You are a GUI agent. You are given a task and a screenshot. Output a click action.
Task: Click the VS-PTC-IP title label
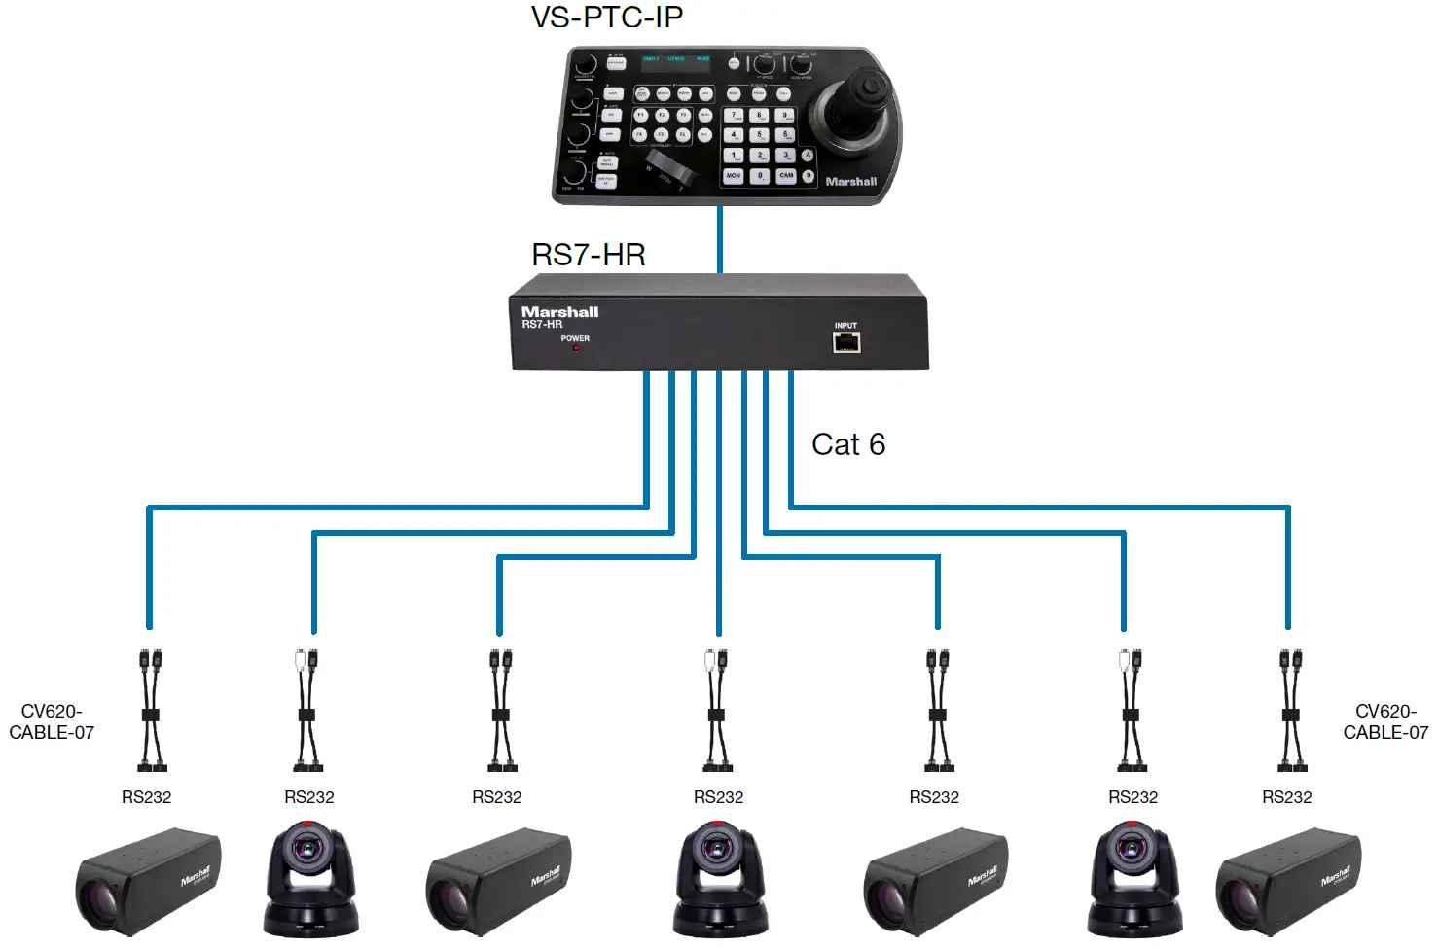point(607,18)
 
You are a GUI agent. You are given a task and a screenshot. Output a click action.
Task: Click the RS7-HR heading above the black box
point(589,255)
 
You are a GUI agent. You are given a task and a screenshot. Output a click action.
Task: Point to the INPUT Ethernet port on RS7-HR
point(846,341)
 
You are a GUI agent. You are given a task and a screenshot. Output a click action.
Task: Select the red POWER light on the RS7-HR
point(576,347)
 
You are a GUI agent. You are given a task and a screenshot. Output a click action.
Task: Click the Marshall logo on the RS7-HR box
point(560,312)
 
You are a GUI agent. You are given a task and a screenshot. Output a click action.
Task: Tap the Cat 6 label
point(848,444)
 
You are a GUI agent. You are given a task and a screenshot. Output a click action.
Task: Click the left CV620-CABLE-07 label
point(52,722)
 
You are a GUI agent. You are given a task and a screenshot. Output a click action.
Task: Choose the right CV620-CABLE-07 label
point(1385,722)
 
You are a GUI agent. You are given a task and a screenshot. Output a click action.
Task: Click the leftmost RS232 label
point(146,797)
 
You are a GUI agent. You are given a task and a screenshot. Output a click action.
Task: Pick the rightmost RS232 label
point(1286,797)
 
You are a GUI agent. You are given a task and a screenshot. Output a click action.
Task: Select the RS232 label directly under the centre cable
point(718,797)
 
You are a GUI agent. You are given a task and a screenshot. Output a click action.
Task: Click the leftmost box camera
point(148,881)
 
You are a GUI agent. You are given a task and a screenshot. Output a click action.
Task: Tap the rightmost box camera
point(1288,881)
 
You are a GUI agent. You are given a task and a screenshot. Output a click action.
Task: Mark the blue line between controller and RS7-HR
point(720,240)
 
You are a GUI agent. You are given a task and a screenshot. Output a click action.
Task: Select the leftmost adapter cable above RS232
point(150,710)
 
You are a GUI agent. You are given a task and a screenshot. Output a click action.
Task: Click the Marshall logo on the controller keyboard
point(851,182)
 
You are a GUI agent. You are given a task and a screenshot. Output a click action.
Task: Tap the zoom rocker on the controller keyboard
point(671,167)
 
